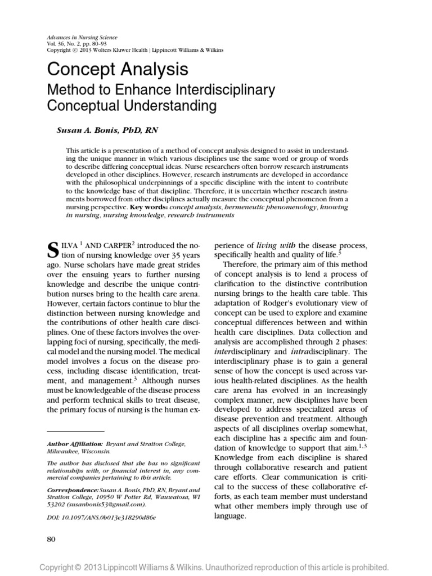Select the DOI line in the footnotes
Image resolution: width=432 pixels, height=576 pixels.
[x=101, y=500]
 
